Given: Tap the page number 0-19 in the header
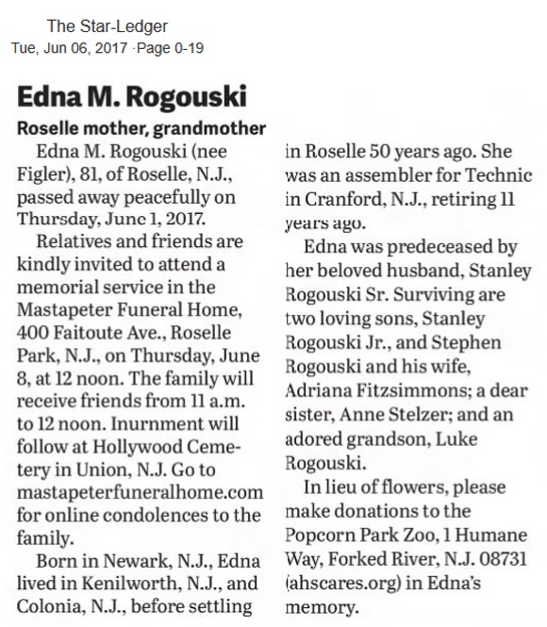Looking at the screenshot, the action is pos(187,47).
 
